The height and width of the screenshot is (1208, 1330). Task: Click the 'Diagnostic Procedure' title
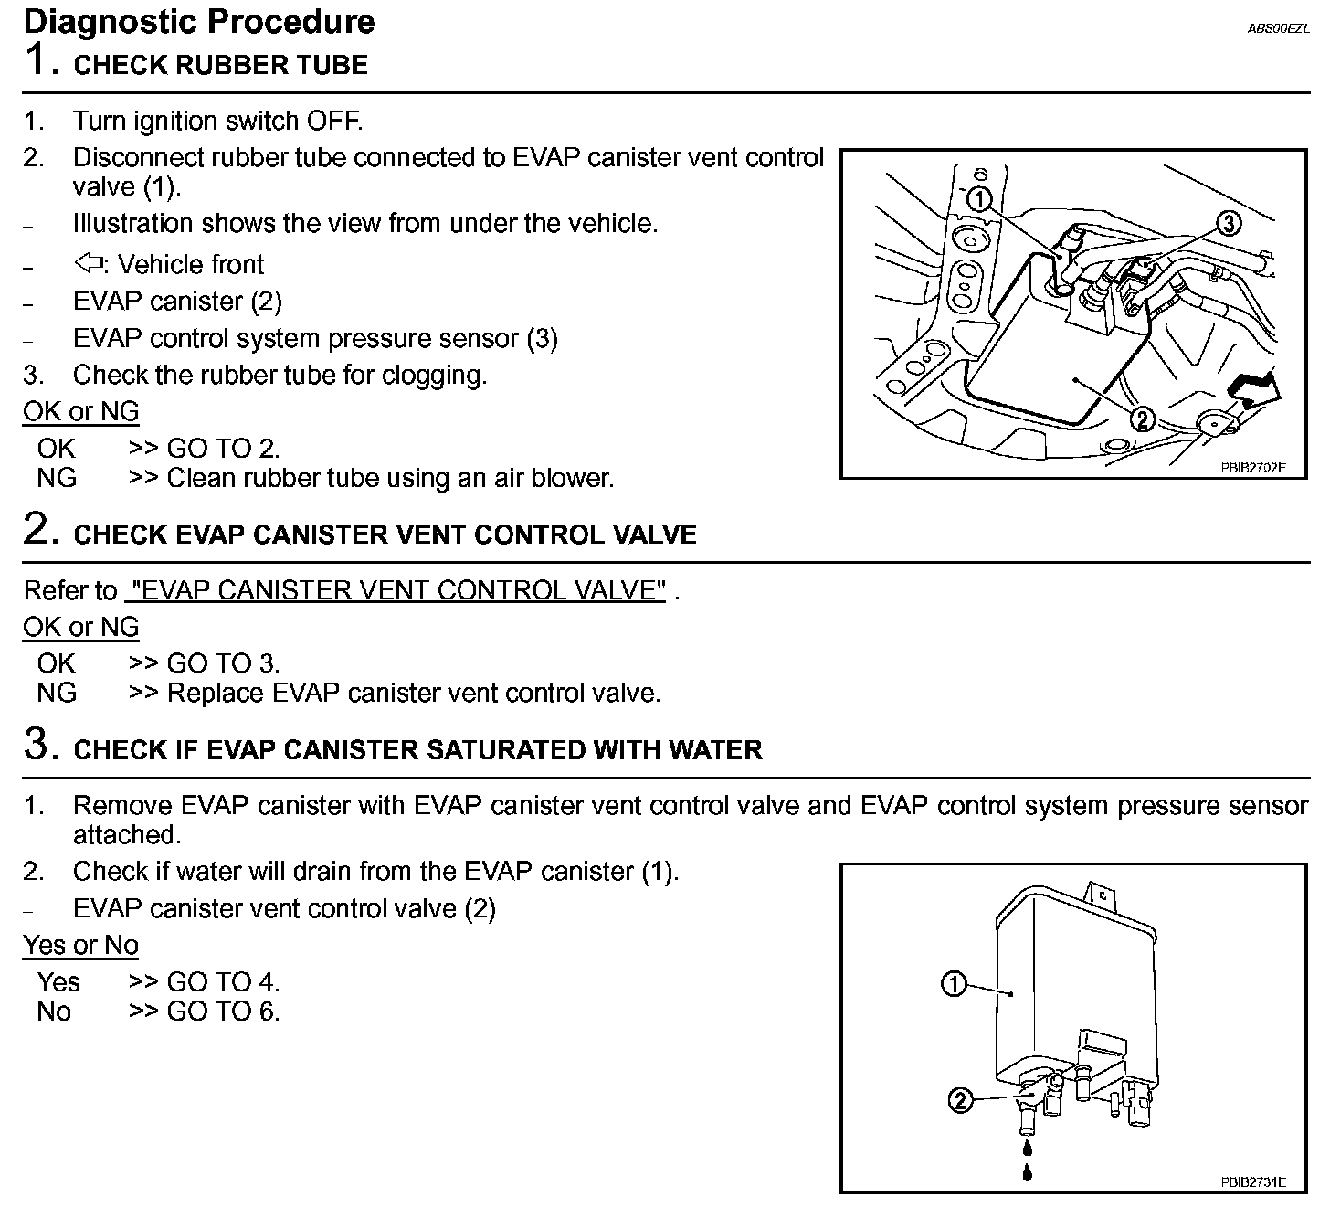pos(199,21)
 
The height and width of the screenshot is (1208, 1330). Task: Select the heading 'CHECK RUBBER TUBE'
pos(220,65)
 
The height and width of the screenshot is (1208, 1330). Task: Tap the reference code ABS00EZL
pos(1278,28)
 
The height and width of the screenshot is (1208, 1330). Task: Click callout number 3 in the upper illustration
pos(1229,223)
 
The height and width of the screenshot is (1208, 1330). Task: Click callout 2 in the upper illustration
pos(1142,419)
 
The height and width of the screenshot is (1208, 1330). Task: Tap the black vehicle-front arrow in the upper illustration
pos(1255,388)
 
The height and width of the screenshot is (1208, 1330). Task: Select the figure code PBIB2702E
pos(1252,467)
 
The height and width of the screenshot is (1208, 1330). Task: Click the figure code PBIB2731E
pos(1252,1182)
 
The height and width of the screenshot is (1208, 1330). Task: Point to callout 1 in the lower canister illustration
pos(953,984)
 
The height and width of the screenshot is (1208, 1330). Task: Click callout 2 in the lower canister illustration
pos(959,1101)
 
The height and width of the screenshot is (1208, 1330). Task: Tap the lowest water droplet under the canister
pos(1028,1171)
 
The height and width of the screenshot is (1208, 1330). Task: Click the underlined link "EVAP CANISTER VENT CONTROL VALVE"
pos(396,590)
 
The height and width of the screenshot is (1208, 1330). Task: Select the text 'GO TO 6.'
pos(223,1012)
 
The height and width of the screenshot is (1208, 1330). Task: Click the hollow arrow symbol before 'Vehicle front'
pos(89,264)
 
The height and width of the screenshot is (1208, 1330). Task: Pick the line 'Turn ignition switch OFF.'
pos(217,121)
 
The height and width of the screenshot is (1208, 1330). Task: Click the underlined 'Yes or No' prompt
pos(80,945)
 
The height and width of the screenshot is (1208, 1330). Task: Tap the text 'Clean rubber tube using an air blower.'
pos(390,478)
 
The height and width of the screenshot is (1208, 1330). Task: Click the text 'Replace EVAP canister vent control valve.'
pos(413,694)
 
